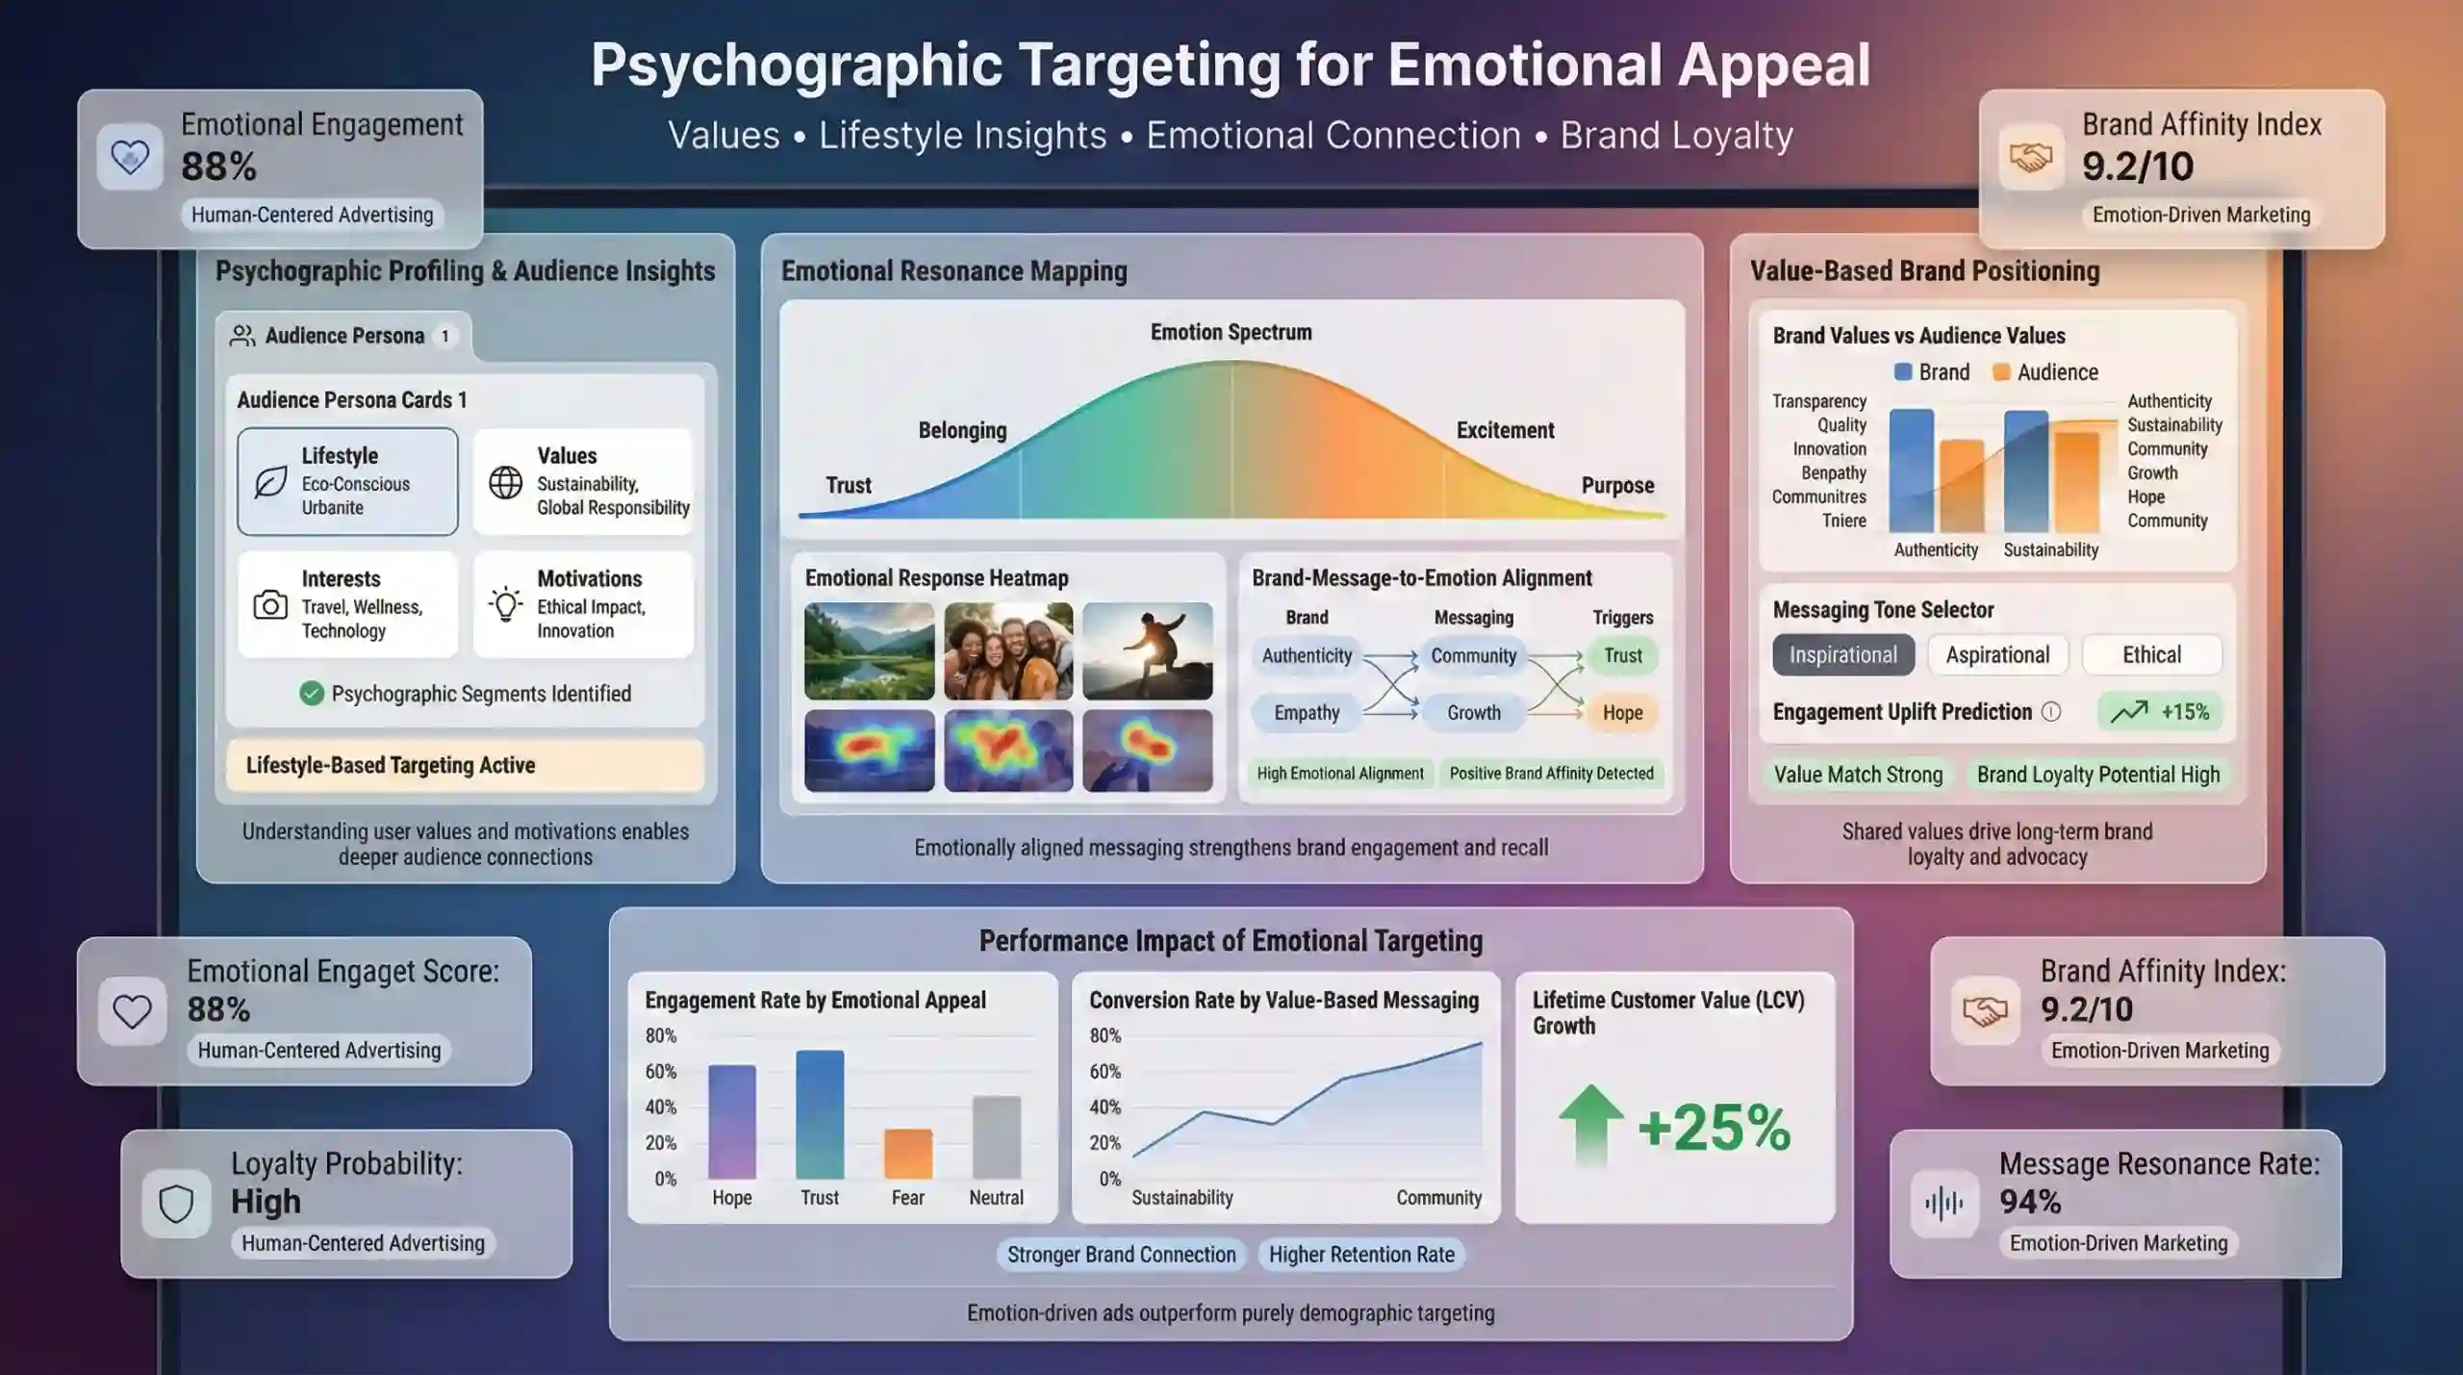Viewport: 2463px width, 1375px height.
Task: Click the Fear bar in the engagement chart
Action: click(908, 1154)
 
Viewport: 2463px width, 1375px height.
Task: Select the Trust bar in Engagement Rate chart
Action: click(820, 1114)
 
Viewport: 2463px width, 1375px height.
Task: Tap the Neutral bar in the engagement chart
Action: click(997, 1137)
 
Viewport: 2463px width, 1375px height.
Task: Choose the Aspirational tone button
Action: click(1997, 655)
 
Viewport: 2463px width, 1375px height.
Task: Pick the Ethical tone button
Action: click(2152, 655)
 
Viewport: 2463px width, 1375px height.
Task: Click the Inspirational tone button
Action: click(1843, 655)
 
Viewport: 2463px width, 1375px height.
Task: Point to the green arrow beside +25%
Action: click(1591, 1125)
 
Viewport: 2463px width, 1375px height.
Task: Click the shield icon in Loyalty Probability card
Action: click(176, 1204)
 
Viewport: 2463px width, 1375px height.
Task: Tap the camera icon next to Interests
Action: click(270, 605)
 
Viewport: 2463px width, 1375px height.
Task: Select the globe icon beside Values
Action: click(506, 482)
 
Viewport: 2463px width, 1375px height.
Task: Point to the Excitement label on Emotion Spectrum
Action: click(1505, 430)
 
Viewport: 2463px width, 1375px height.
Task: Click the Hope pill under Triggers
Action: click(1622, 713)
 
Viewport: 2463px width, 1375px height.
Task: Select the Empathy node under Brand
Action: click(1307, 713)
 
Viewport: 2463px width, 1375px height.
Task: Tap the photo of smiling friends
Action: click(1008, 651)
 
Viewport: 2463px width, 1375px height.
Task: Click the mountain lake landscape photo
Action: click(870, 651)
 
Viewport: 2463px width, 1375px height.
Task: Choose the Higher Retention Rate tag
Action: click(1361, 1255)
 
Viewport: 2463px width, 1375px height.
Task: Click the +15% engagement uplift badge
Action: click(2161, 712)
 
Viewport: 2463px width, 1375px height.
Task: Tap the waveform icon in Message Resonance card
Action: click(1944, 1204)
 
